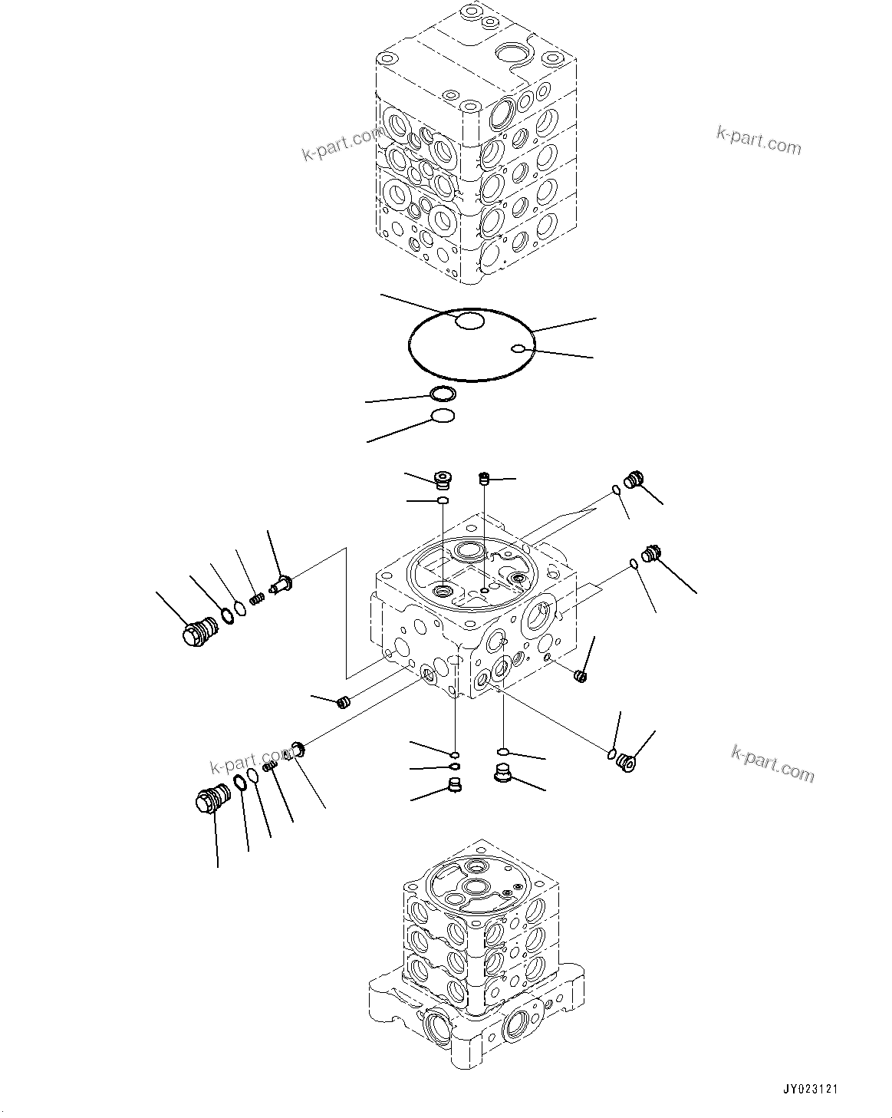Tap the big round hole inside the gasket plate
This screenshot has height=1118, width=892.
[x=469, y=322]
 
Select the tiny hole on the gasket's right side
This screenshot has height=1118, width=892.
[x=518, y=350]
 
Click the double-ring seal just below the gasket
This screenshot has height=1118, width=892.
[x=443, y=395]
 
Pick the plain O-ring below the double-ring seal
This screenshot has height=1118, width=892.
[x=442, y=417]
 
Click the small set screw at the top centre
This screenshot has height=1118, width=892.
[x=484, y=480]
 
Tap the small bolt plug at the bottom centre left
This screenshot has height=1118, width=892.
[x=454, y=785]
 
